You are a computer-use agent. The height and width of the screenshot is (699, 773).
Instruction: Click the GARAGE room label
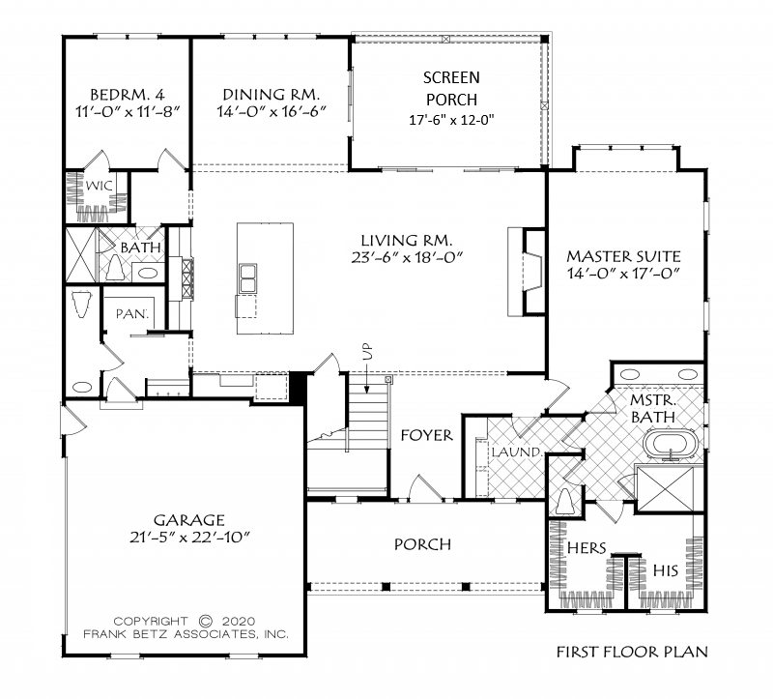tap(189, 520)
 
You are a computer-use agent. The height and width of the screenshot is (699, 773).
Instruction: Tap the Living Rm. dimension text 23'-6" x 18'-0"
tap(407, 258)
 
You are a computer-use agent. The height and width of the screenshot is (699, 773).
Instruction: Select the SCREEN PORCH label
tap(451, 88)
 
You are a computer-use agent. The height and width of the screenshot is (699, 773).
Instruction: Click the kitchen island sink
tap(247, 278)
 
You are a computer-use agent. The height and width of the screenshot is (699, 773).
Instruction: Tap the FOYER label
tap(426, 436)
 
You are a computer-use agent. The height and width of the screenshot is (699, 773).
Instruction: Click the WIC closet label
tap(100, 186)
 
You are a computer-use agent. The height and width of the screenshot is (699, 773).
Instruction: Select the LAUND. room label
tap(517, 451)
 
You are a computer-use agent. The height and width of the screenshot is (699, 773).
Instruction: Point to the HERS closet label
tap(587, 547)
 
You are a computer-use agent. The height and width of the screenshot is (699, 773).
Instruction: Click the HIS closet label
tap(666, 570)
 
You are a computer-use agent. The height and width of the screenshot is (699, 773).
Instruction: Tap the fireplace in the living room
tap(527, 272)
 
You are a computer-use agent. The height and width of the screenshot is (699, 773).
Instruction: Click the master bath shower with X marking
tap(665, 489)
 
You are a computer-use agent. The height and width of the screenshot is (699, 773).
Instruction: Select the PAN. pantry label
tap(132, 313)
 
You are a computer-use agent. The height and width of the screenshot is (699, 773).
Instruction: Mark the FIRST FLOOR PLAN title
tap(633, 652)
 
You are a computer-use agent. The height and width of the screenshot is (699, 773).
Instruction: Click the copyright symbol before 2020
tap(206, 621)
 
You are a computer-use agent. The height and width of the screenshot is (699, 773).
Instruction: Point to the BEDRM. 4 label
tap(128, 94)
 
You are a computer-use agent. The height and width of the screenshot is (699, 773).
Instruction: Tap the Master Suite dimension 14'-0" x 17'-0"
tap(623, 274)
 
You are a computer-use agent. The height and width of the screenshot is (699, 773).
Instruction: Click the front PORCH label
tap(422, 544)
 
